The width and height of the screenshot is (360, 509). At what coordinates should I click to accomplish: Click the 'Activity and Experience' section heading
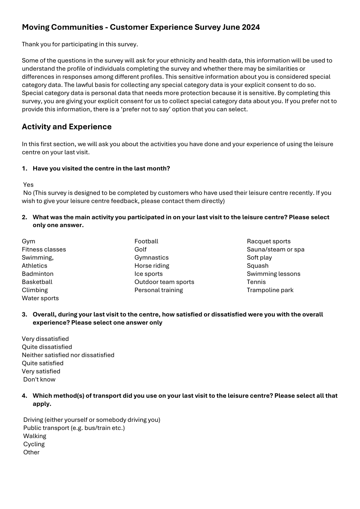(x=67, y=127)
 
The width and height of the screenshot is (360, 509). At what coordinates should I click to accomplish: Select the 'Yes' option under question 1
(x=28, y=185)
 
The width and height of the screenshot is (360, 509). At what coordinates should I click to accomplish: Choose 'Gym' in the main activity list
(x=28, y=241)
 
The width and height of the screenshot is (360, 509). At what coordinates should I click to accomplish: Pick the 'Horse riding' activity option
(x=152, y=266)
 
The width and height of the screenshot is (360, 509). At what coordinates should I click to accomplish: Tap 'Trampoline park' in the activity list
(x=270, y=290)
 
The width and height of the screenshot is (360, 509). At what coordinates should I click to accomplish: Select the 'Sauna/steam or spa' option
(x=276, y=250)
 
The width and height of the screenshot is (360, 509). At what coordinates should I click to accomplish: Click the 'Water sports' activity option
(x=40, y=298)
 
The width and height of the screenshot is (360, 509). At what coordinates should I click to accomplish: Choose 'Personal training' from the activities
(x=159, y=290)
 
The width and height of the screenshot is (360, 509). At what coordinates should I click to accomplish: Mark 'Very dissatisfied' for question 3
(x=45, y=339)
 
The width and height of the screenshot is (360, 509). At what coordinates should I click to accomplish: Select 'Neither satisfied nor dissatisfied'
(x=68, y=355)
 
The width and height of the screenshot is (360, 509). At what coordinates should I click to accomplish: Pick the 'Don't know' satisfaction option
(x=39, y=380)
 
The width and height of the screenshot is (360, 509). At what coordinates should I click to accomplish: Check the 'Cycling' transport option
(x=34, y=444)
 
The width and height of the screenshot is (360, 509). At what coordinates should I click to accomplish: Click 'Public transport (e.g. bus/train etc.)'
(x=74, y=428)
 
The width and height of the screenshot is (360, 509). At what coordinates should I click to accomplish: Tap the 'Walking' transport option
(x=35, y=436)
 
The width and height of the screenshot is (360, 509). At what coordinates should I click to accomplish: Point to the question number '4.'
(x=25, y=396)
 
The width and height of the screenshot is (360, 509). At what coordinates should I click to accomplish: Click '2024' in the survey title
(x=251, y=27)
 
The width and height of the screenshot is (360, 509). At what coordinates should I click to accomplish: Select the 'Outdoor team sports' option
(x=164, y=282)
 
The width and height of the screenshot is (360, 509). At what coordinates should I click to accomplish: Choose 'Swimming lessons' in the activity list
(x=274, y=274)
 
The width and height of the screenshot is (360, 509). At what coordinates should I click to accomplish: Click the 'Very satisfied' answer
(x=41, y=371)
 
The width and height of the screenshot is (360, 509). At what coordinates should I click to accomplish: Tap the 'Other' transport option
(x=31, y=452)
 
